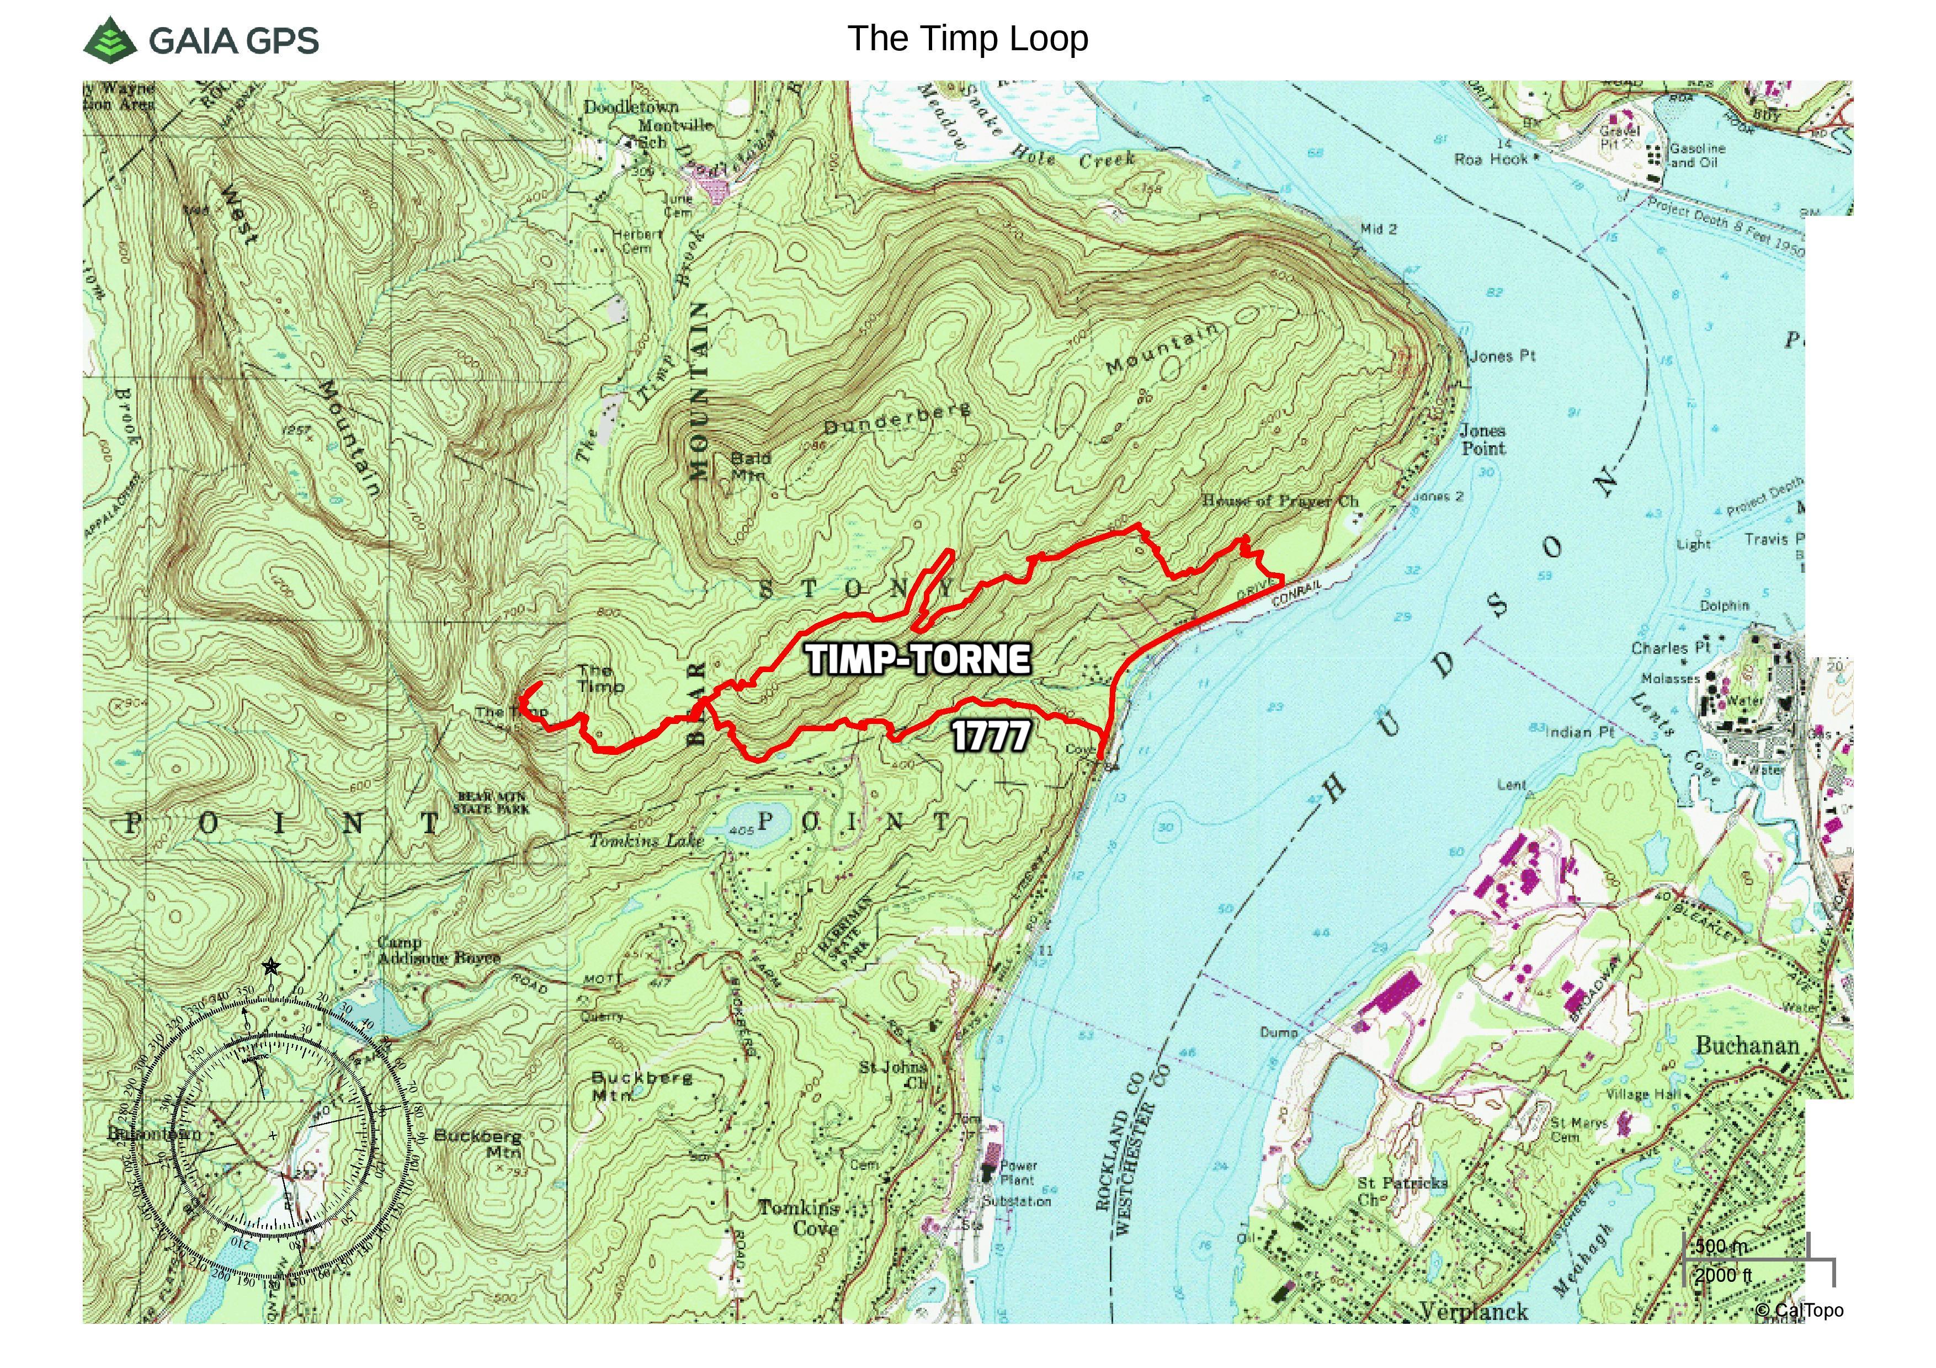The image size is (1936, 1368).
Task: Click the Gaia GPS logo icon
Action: coord(110,39)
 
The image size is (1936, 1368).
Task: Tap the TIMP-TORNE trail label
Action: coord(918,659)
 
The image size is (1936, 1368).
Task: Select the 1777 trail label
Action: coord(991,736)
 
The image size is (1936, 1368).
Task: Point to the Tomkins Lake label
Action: coord(646,840)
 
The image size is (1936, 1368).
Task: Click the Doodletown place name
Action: coord(631,107)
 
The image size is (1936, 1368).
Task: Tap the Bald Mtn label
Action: coord(749,466)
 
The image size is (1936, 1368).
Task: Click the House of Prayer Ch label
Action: coord(1280,501)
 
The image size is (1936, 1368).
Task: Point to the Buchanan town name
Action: coord(1747,1046)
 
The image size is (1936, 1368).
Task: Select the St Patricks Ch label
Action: coord(1401,1191)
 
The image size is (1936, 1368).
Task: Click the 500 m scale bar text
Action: coord(1722,1247)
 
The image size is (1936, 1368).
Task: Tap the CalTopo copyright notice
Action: coord(1799,1311)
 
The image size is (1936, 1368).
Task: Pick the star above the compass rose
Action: coord(270,967)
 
